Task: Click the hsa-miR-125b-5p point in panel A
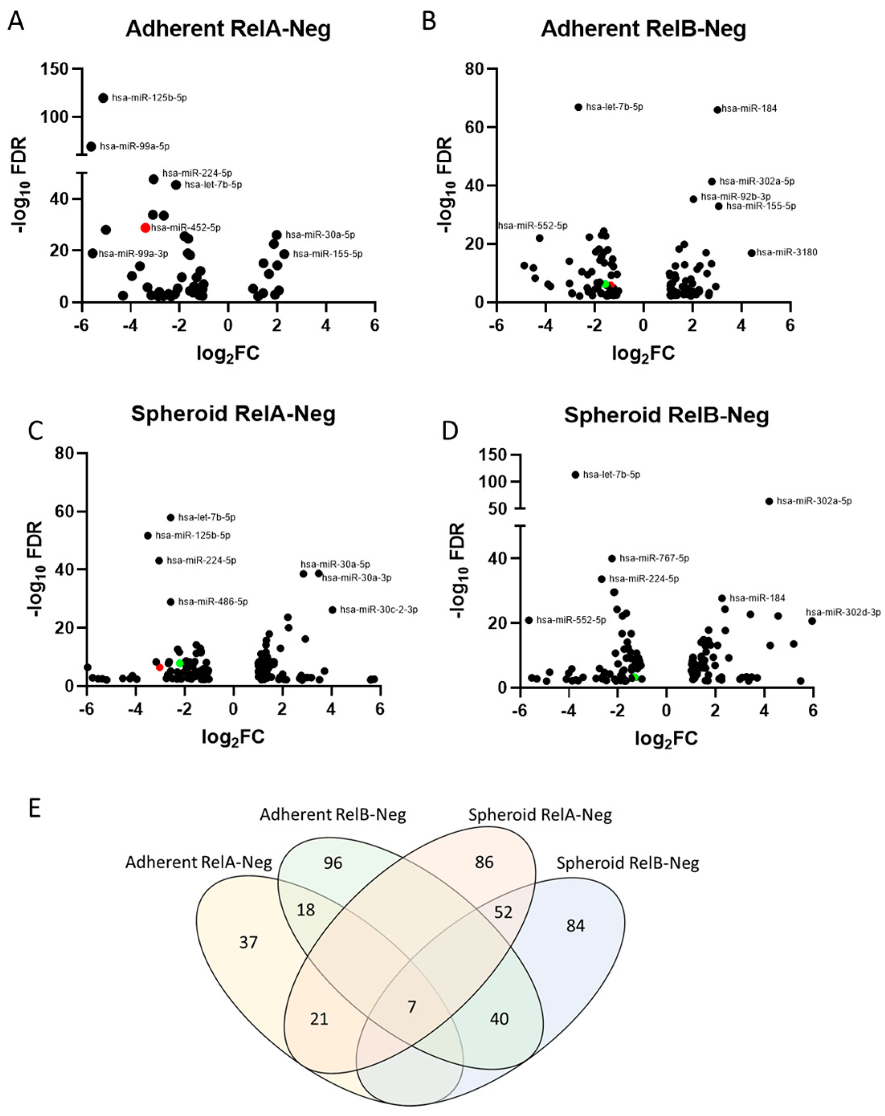[103, 98]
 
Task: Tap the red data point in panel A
[145, 228]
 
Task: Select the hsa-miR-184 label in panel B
[749, 109]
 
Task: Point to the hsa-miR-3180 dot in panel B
[751, 253]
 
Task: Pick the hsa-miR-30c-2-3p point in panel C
[332, 610]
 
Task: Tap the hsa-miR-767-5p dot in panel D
[612, 558]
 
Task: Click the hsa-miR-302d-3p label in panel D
[843, 612]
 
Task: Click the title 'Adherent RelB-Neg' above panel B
[644, 29]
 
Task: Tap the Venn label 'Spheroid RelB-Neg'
[628, 863]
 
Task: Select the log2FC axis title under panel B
[644, 354]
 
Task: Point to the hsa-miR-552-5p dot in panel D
[529, 620]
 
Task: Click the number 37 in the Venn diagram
[249, 942]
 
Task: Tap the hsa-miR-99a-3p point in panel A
[93, 253]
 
